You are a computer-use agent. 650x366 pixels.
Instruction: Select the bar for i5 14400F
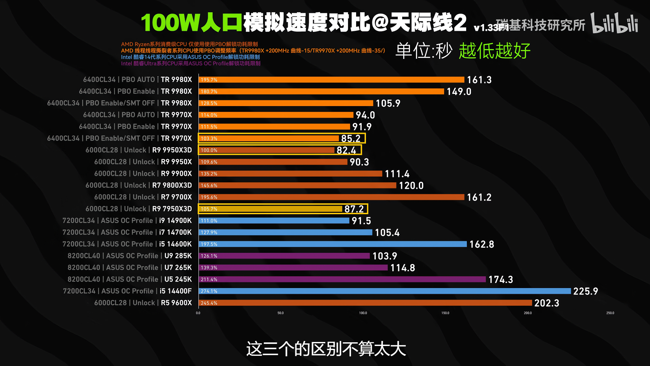click(385, 291)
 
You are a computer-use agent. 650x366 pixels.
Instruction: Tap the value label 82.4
click(346, 150)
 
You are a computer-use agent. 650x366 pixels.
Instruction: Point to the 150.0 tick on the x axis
click(445, 313)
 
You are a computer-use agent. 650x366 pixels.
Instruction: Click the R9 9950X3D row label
click(138, 150)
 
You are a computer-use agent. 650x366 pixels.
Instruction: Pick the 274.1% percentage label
click(209, 291)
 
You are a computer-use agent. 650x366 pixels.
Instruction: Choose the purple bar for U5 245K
click(342, 279)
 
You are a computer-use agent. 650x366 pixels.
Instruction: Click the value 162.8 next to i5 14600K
click(482, 244)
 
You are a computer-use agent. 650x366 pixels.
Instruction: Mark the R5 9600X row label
click(143, 303)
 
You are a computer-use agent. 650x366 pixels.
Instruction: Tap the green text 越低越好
click(495, 51)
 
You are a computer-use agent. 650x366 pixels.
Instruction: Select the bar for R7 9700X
click(331, 197)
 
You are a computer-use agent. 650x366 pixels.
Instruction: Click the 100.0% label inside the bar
click(209, 150)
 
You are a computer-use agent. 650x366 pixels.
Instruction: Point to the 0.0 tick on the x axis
click(198, 313)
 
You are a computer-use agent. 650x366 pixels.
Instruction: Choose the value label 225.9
click(586, 291)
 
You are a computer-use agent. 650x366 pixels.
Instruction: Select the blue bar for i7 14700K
click(285, 232)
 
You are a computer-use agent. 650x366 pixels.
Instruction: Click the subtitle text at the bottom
click(326, 349)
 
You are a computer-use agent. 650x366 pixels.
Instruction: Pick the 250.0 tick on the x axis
click(610, 313)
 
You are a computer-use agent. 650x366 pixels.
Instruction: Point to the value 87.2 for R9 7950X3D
click(354, 209)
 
